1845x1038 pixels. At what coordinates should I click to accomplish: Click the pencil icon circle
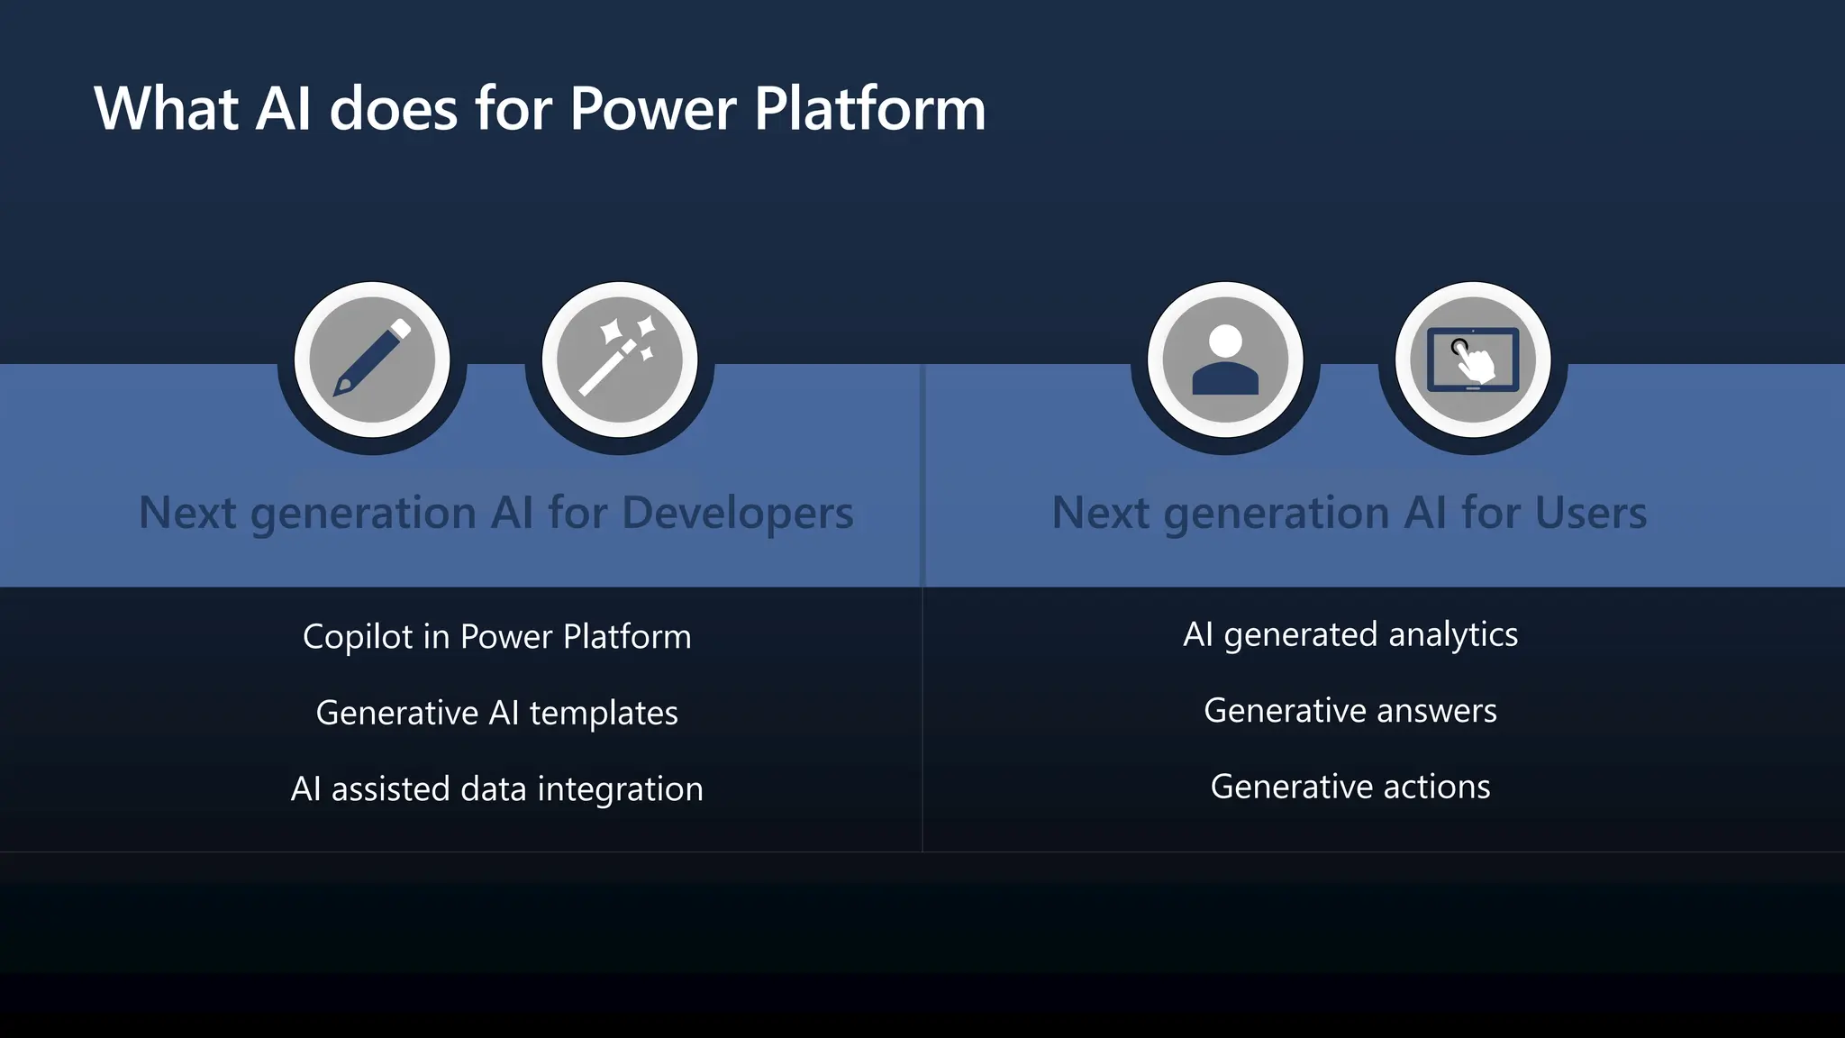click(x=372, y=360)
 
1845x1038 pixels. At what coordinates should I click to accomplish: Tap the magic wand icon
click(x=620, y=360)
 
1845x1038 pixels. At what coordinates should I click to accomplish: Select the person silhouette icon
click(x=1225, y=360)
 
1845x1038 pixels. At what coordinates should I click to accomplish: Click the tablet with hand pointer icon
click(x=1473, y=360)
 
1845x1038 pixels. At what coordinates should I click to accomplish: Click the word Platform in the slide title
click(x=869, y=109)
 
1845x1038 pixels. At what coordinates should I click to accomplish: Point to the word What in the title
click(x=167, y=109)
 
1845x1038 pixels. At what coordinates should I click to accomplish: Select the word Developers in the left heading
click(x=737, y=513)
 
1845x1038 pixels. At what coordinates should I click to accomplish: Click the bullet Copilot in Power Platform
click(x=497, y=637)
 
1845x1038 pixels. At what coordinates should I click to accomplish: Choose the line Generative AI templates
click(x=497, y=713)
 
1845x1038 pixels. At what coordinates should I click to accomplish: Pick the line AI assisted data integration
click(x=497, y=789)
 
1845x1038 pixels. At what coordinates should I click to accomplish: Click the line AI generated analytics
click(x=1350, y=635)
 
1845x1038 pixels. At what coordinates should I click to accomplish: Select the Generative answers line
click(x=1350, y=711)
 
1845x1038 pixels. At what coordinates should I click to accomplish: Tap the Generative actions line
click(x=1350, y=787)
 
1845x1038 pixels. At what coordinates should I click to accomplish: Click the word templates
click(x=604, y=713)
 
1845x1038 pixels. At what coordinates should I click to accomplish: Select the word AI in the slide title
click(x=284, y=109)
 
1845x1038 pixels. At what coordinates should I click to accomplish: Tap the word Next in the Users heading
click(x=1100, y=513)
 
